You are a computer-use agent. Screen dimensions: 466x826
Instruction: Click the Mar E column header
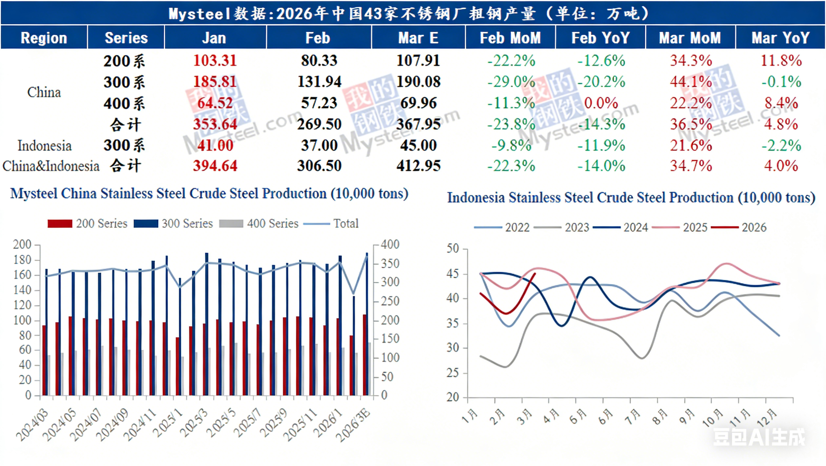(418, 38)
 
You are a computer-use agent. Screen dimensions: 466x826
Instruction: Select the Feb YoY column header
(600, 38)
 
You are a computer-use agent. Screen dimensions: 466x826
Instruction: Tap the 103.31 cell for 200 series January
(215, 61)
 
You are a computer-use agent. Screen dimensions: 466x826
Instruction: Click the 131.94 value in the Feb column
(319, 82)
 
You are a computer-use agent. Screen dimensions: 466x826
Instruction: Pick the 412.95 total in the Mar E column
(418, 166)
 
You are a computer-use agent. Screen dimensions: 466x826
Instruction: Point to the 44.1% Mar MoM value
(691, 82)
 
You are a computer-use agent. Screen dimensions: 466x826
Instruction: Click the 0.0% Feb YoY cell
(601, 103)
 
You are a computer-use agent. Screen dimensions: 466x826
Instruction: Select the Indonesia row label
(44, 146)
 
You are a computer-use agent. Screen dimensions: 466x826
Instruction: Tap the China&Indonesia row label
(51, 166)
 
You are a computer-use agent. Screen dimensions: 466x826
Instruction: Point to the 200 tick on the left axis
(22, 245)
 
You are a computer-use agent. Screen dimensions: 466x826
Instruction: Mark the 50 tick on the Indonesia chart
(453, 248)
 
